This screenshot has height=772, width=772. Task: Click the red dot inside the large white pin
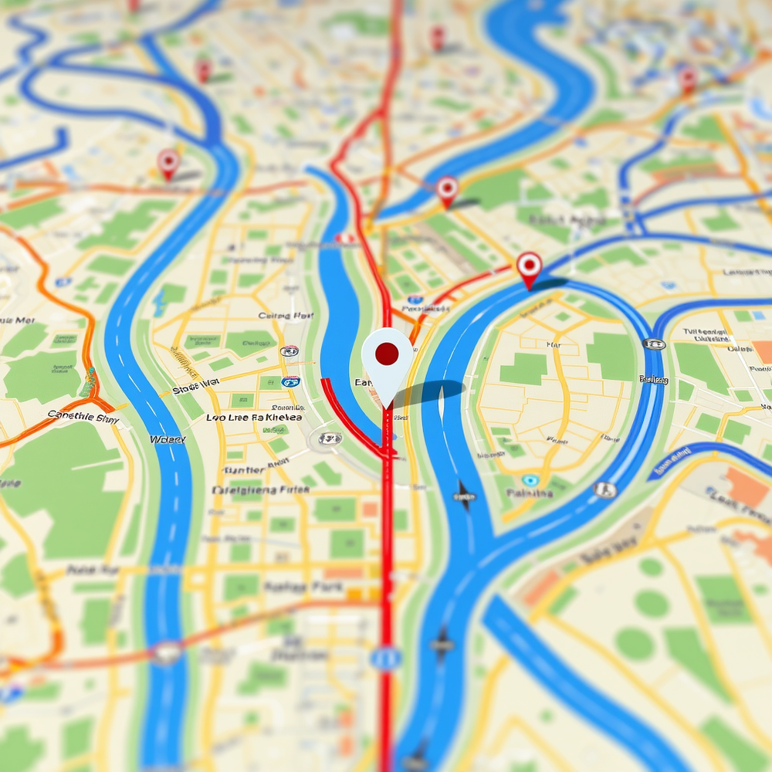pyautogui.click(x=386, y=354)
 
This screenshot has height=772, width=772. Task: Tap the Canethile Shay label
pyautogui.click(x=83, y=417)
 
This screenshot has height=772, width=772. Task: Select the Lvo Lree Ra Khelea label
pyautogui.click(x=254, y=418)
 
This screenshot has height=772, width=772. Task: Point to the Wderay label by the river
pyautogui.click(x=168, y=439)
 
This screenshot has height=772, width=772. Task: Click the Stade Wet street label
pyautogui.click(x=196, y=388)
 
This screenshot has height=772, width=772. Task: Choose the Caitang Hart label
pyautogui.click(x=286, y=316)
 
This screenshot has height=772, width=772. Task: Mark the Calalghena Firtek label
pyautogui.click(x=260, y=489)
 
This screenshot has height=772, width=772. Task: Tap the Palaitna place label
pyautogui.click(x=530, y=493)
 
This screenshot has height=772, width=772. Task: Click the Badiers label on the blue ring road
pyautogui.click(x=653, y=378)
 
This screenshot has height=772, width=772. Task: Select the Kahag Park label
pyautogui.click(x=292, y=587)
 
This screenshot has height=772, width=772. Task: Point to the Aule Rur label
pyautogui.click(x=93, y=570)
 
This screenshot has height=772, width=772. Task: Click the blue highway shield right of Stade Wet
pyautogui.click(x=291, y=381)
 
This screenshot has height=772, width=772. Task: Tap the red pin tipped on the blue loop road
pyautogui.click(x=529, y=267)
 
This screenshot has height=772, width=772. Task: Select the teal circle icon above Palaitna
pyautogui.click(x=530, y=480)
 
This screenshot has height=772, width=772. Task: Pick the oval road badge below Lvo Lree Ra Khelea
pyautogui.click(x=330, y=438)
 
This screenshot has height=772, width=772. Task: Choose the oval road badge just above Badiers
pyautogui.click(x=653, y=344)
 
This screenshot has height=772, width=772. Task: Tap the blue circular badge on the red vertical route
pyautogui.click(x=386, y=658)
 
